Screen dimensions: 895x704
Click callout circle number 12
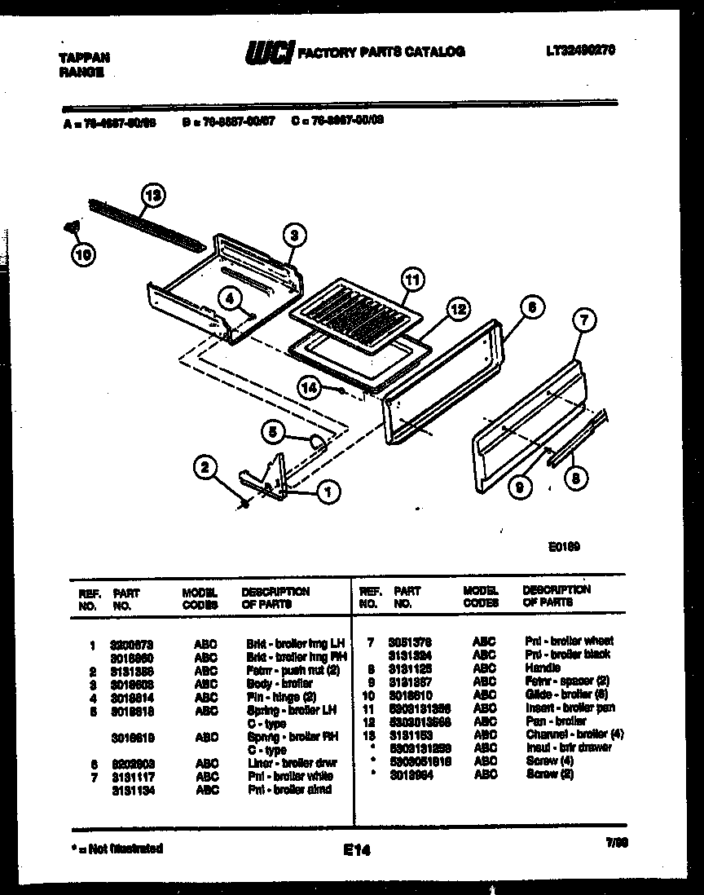(458, 309)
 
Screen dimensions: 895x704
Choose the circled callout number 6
(530, 308)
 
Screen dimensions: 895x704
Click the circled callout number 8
(576, 480)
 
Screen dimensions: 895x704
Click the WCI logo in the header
(268, 53)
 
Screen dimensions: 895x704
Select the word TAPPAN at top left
(85, 58)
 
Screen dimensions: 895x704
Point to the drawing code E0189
(565, 549)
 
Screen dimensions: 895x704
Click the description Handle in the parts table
(543, 668)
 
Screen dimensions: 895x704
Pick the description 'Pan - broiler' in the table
(556, 721)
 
